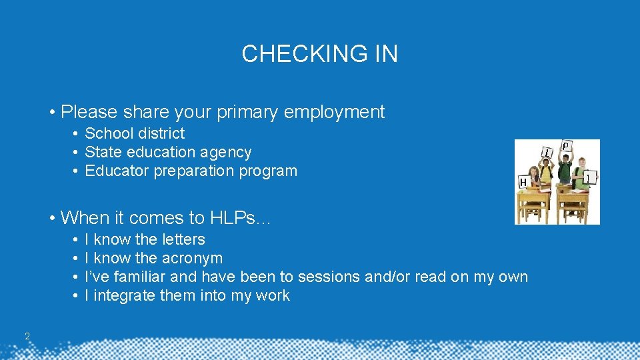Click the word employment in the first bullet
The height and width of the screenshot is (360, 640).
334,112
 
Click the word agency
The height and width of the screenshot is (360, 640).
228,152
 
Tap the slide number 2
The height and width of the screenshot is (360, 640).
27,336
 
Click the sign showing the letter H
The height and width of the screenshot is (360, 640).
523,181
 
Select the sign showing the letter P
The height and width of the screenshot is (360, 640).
565,146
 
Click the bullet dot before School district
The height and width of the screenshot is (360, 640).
77,133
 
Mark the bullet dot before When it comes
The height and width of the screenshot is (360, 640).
52,218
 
